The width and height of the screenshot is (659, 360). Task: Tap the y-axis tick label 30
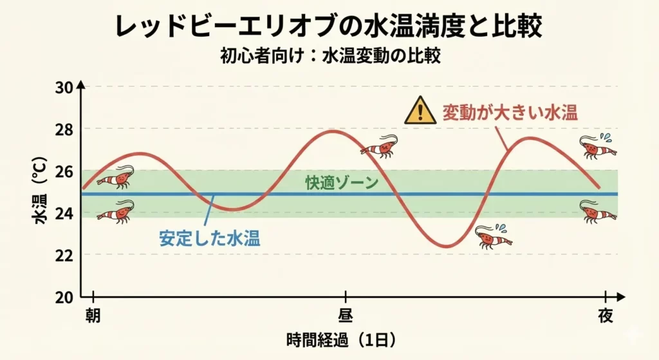64,87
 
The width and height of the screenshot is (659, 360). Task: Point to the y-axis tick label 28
64,129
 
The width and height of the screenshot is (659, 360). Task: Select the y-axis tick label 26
64,171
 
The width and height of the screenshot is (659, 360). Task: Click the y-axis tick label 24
64,213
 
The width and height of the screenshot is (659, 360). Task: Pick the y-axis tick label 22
64,255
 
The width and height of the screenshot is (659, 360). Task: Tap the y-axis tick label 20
64,297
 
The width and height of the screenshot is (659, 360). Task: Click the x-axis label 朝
94,316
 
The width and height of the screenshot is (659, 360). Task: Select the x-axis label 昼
346,316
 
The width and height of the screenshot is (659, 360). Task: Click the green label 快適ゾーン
342,182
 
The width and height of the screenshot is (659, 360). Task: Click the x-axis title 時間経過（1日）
340,339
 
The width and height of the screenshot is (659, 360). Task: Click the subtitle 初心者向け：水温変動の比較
329,56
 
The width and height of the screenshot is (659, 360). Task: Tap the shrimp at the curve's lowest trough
492,237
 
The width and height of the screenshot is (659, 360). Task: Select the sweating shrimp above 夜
597,147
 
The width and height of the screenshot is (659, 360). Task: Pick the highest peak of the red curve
332,131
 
